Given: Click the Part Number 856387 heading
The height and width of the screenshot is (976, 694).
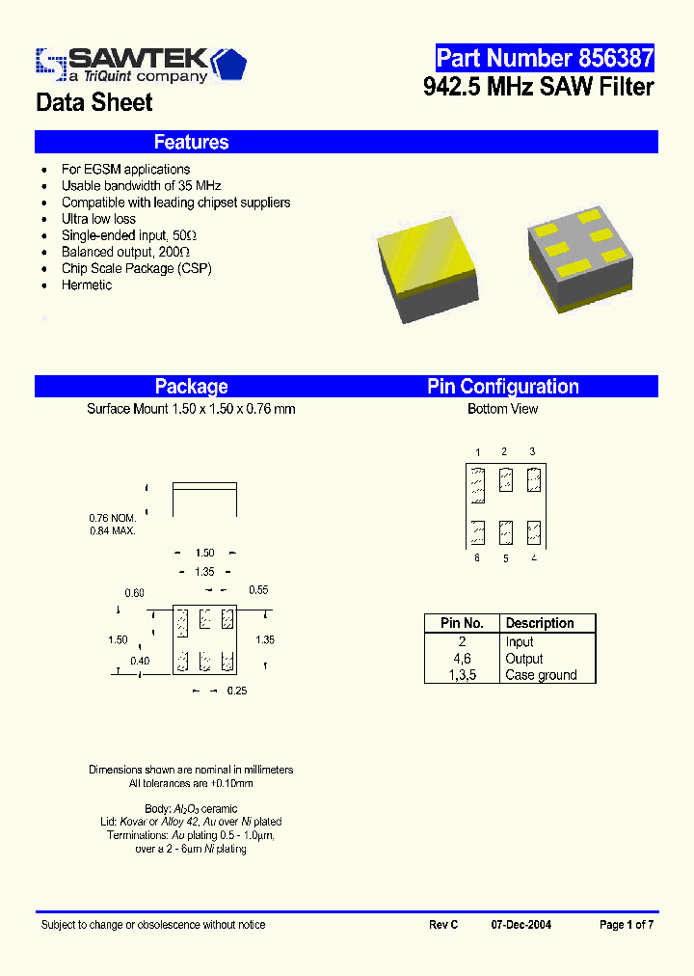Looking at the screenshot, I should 545,58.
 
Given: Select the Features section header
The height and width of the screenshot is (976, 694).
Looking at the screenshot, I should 191,143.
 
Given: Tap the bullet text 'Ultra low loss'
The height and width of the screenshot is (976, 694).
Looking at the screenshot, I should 98,219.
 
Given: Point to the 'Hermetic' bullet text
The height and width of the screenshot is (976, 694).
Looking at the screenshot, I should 87,285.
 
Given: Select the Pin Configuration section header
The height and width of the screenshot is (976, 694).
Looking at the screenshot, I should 503,387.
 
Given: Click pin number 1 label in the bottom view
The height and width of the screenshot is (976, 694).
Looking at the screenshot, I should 478,452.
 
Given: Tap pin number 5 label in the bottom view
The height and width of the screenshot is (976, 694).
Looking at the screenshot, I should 505,558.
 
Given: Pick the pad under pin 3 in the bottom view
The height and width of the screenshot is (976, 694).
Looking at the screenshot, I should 534,479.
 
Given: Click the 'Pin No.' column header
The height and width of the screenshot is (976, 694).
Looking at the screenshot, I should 462,623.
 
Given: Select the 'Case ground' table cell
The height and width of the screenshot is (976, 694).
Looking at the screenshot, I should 541,675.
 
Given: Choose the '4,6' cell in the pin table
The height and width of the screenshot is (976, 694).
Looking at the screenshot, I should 462,659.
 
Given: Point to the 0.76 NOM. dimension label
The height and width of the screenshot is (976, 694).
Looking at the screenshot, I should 112,518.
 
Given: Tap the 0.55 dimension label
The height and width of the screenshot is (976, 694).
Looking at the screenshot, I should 258,589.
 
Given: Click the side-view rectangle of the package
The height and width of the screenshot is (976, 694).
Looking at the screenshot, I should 204,500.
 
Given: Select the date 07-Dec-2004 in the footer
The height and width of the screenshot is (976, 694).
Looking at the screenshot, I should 520,925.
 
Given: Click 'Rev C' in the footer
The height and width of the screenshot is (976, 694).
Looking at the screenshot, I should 443,925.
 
